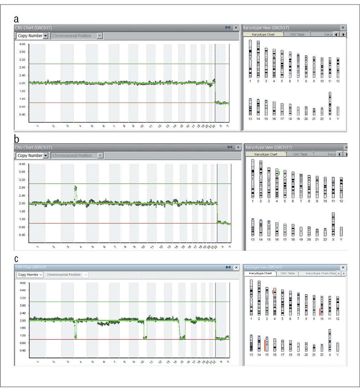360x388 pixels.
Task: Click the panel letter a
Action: (x=16, y=19)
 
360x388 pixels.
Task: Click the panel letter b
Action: (x=17, y=139)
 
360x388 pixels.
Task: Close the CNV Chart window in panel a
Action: (x=236, y=28)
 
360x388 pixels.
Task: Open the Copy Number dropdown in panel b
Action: (x=45, y=156)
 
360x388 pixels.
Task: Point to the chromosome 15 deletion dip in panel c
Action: (x=182, y=337)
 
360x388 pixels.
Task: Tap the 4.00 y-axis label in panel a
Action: (x=22, y=44)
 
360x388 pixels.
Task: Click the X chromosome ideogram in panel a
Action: (x=330, y=103)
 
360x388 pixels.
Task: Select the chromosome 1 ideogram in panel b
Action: (x=253, y=178)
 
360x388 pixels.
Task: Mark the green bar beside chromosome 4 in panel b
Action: (x=279, y=174)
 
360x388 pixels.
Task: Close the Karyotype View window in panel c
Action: (x=343, y=267)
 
